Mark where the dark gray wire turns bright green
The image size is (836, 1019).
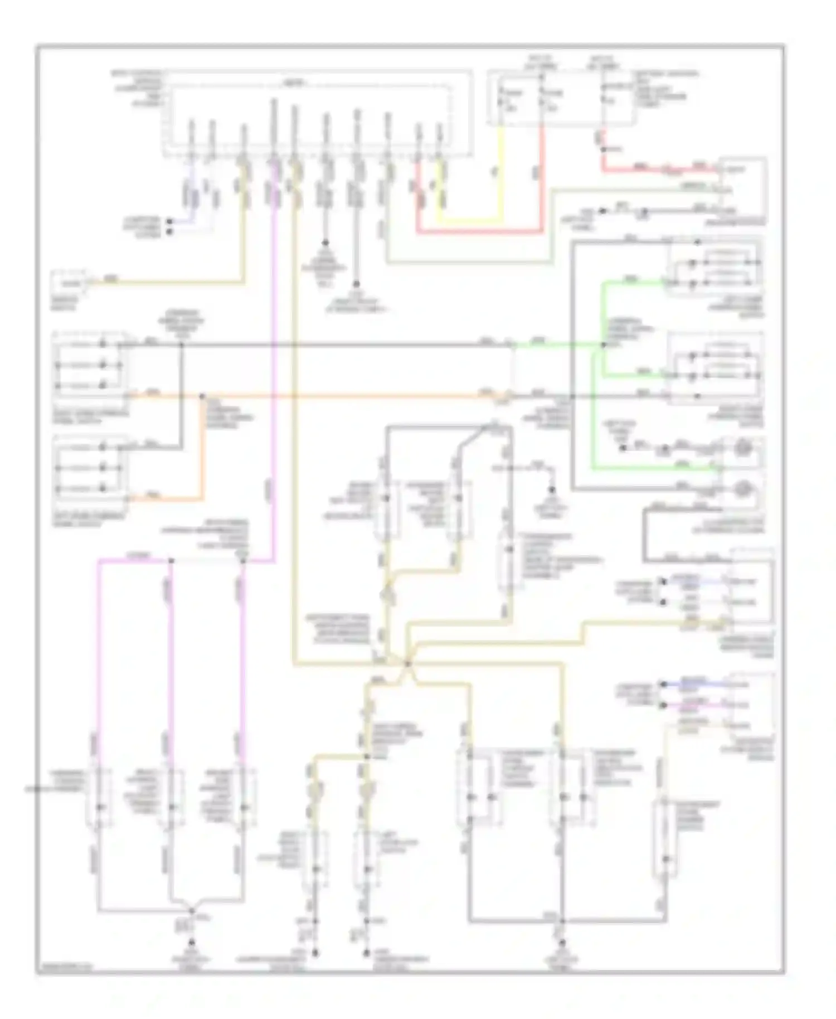pyautogui.click(x=513, y=345)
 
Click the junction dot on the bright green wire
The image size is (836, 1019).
pyautogui.click(x=603, y=345)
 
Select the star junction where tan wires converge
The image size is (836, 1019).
pyautogui.click(x=407, y=663)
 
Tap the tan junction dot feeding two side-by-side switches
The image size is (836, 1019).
pyautogui.click(x=367, y=756)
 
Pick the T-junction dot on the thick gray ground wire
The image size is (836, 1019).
pyautogui.click(x=562, y=921)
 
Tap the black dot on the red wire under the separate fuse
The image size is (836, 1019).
pyautogui.click(x=602, y=149)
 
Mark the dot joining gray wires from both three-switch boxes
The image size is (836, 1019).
pyautogui.click(x=181, y=345)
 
